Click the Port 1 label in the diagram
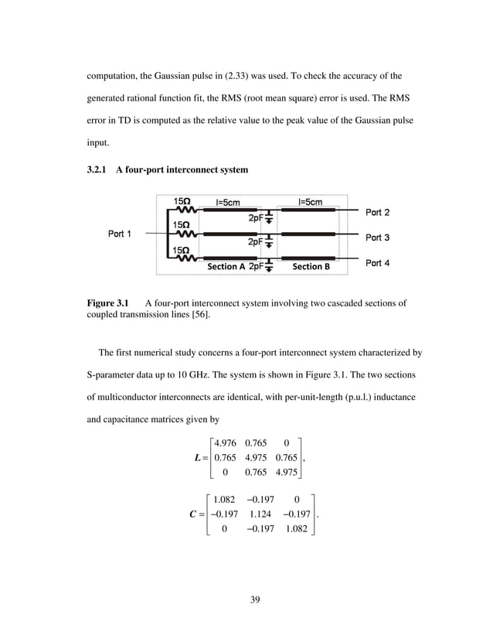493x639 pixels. [x=117, y=234]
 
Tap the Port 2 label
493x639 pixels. [x=377, y=212]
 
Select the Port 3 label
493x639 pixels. [x=377, y=237]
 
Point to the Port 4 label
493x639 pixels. [x=377, y=263]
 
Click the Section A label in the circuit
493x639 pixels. [x=226, y=266]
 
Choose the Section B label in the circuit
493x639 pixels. [x=311, y=266]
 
